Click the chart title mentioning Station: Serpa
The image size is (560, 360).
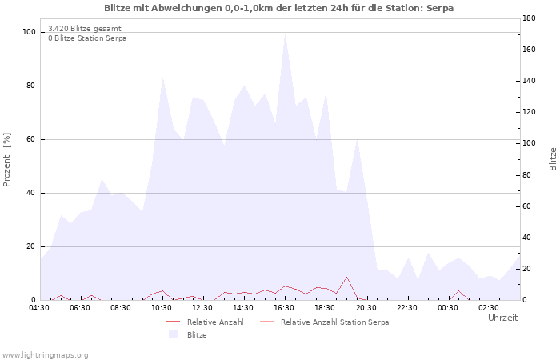pyautogui.click(x=279, y=8)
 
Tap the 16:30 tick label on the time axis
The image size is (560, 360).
pyautogui.click(x=284, y=308)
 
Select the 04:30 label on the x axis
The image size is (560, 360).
pyautogui.click(x=39, y=308)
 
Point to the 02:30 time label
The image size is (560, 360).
pyautogui.click(x=489, y=308)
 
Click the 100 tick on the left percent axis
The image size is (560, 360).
pyautogui.click(x=30, y=32)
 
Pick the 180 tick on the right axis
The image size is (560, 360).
pyautogui.click(x=529, y=18)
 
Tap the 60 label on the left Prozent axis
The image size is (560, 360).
pyautogui.click(x=30, y=139)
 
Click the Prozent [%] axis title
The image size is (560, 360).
pyautogui.click(x=6, y=160)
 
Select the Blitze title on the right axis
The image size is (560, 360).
pyautogui.click(x=553, y=159)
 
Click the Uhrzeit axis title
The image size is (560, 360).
pyautogui.click(x=503, y=318)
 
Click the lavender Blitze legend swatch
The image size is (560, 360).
pyautogui.click(x=174, y=334)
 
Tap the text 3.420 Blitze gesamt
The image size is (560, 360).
pyautogui.click(x=85, y=29)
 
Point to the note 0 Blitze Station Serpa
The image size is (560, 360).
pyautogui.click(x=87, y=38)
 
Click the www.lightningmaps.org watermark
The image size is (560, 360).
pyautogui.click(x=45, y=355)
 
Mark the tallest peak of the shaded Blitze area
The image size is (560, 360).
pyautogui.click(x=285, y=34)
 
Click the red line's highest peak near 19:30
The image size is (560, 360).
pyautogui.click(x=346, y=277)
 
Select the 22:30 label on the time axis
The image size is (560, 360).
pyautogui.click(x=406, y=308)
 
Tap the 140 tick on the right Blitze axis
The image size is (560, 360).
pyautogui.click(x=529, y=81)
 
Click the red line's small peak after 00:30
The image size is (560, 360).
pyautogui.click(x=458, y=290)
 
